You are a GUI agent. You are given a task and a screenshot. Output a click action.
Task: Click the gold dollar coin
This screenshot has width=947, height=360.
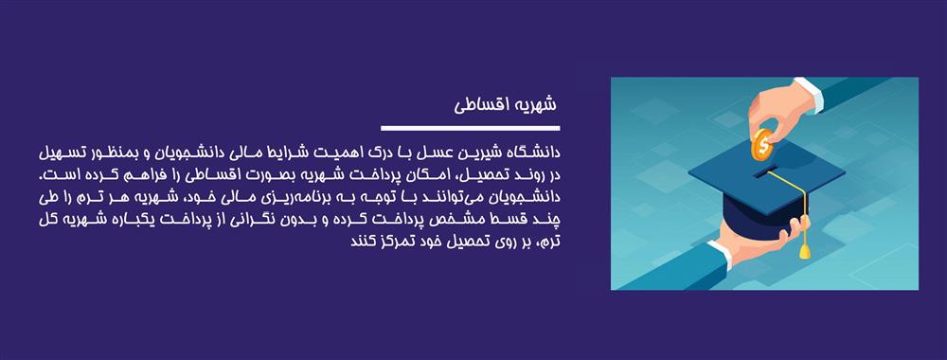(x=762, y=148)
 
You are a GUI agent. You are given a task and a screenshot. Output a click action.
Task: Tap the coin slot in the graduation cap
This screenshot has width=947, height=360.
(x=765, y=173)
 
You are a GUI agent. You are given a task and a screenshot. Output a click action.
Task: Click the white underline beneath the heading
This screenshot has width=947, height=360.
(x=470, y=127)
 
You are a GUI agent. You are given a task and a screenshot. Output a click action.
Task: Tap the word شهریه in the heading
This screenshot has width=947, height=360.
(x=533, y=103)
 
